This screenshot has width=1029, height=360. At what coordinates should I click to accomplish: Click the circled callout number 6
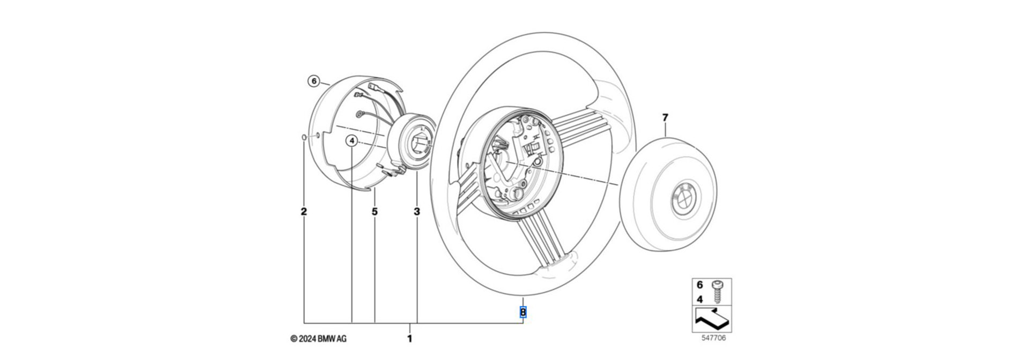pos(314,81)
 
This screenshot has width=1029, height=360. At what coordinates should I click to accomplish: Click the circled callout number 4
pos(352,141)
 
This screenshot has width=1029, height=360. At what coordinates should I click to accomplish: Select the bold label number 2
pos(304,212)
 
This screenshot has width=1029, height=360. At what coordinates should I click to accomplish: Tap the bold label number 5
pos(375,212)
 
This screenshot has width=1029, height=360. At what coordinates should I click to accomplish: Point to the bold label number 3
pos(417,212)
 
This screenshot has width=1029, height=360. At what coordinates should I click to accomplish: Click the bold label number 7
pos(665,117)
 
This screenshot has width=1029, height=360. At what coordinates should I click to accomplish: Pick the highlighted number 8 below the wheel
pos(523,312)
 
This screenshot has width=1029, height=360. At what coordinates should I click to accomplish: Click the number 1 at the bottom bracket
pos(410,339)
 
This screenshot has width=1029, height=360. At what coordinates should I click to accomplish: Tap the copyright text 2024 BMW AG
pos(318,339)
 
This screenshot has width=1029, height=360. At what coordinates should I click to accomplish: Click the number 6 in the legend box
pos(699,286)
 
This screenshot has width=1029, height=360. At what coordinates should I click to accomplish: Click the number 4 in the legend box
pos(699,300)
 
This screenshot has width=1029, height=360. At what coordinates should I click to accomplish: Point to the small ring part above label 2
pos(303,138)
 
